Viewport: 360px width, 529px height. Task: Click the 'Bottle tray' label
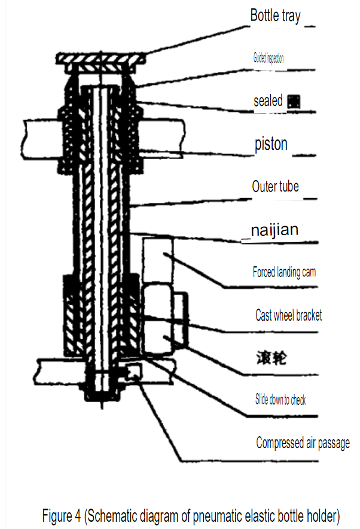(276, 16)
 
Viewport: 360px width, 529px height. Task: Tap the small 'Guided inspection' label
(268, 59)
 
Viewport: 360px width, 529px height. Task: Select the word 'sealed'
(268, 101)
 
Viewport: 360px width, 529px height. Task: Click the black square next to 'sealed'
(293, 102)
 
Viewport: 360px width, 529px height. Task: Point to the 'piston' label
(271, 144)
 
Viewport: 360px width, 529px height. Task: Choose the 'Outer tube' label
(275, 187)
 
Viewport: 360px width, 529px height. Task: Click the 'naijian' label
(273, 230)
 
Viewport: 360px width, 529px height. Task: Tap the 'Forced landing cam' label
(284, 272)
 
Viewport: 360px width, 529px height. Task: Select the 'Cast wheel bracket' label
(288, 315)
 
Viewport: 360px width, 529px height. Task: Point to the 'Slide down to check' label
(280, 400)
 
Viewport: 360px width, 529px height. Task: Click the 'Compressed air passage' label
(303, 443)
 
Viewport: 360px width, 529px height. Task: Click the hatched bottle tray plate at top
(101, 59)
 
